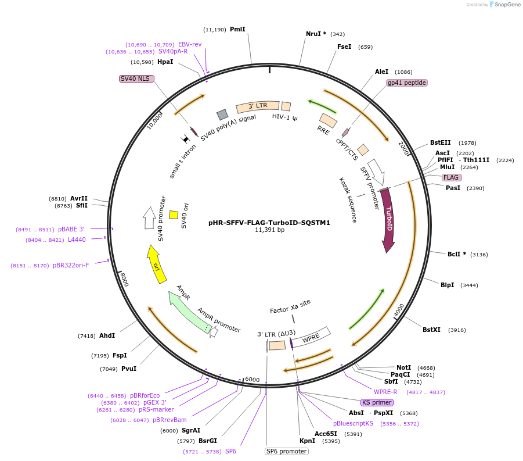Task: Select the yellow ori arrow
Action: point(154,265)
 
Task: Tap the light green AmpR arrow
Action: point(185,306)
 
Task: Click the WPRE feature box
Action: point(311,338)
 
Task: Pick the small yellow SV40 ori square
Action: point(174,215)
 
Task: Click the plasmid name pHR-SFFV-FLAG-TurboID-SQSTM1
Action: point(269,222)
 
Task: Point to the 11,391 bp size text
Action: point(269,230)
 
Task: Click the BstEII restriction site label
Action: point(440,142)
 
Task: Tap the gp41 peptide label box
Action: point(407,83)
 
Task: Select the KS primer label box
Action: point(377,402)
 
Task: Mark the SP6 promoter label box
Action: point(287,451)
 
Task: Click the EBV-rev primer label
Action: point(190,44)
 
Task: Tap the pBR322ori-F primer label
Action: point(71,266)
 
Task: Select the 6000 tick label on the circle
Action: point(252,380)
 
